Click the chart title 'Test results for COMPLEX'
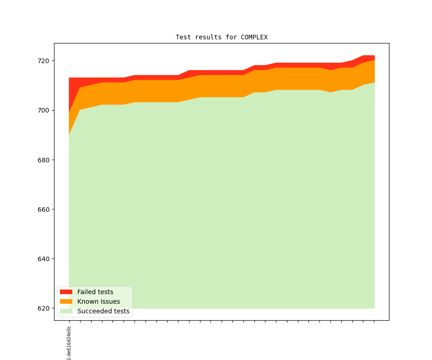click(221, 37)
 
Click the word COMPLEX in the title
click(254, 37)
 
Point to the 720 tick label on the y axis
click(44, 61)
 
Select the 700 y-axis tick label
click(44, 110)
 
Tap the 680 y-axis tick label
click(44, 160)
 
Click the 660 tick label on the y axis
click(44, 210)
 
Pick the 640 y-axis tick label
click(44, 259)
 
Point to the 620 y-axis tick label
click(44, 308)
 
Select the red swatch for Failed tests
click(66, 292)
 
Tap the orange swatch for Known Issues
click(66, 301)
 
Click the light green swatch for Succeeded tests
click(66, 311)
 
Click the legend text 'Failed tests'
click(95, 292)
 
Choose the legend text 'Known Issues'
click(98, 301)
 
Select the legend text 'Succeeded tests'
click(103, 311)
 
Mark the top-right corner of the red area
click(374, 56)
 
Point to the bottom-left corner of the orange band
click(69, 135)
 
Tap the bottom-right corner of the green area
click(374, 308)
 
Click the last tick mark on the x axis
click(374, 321)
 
